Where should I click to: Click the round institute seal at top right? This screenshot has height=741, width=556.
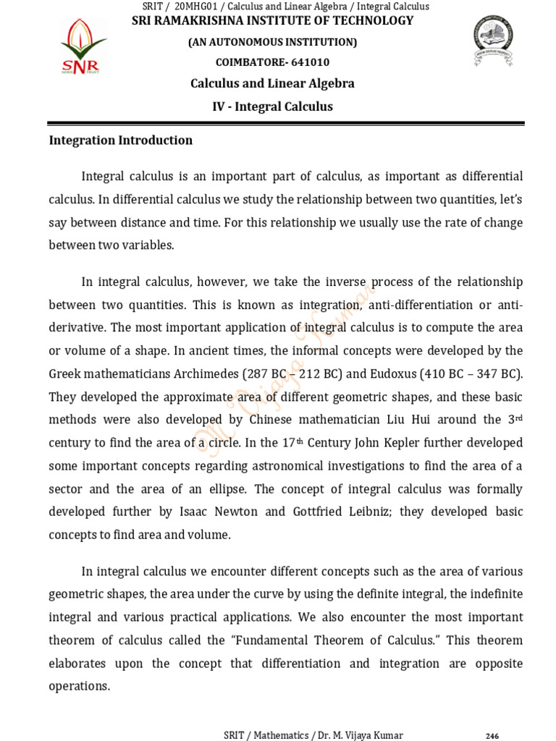coord(494,42)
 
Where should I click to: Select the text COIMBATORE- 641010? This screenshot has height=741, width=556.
coord(272,62)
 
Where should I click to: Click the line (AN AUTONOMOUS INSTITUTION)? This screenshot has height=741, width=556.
coord(272,43)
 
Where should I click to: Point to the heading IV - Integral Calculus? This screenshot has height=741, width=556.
coord(272,107)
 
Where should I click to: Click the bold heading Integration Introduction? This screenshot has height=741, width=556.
coord(120,140)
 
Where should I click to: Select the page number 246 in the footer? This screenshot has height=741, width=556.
coord(492,736)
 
